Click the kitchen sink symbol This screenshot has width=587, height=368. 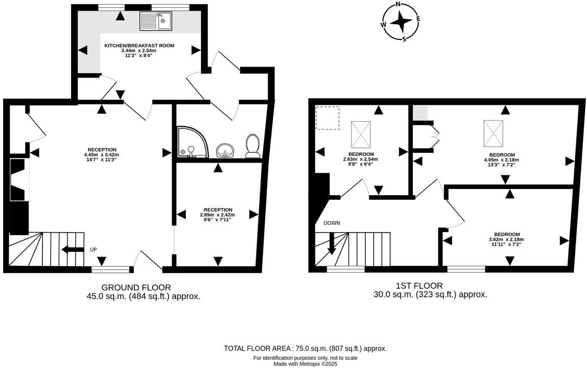pos(156,21)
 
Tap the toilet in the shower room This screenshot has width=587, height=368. pos(252,146)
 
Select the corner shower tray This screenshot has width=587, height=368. pos(191,142)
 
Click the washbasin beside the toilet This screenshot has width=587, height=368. pos(225,150)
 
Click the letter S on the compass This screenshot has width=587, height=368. pos(404,39)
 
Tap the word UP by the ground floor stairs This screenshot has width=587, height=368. pos(93,249)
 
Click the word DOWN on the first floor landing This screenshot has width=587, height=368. pos(331,223)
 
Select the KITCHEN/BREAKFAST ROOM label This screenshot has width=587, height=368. pos(139,45)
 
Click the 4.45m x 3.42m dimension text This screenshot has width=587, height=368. pos(101,154)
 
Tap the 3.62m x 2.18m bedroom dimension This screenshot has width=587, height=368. pos(506,239)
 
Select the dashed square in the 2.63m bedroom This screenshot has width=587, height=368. pos(328,118)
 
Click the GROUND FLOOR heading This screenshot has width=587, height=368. pos(136,287)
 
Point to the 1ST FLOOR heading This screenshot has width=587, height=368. pos(419,286)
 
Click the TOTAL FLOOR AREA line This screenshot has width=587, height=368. pos(305,348)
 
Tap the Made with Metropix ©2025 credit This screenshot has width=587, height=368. pos(305,364)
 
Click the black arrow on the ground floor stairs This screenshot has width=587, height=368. pos(72,249)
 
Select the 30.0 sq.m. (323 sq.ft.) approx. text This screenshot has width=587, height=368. pos(430,294)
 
